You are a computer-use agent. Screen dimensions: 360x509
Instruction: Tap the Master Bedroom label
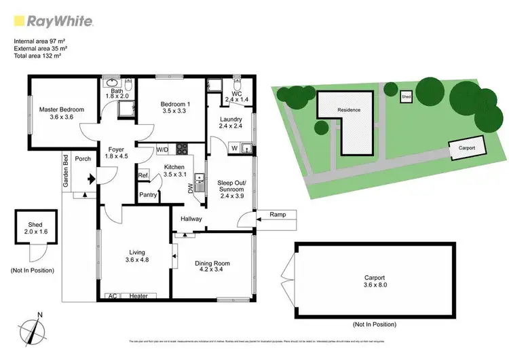pos(61,109)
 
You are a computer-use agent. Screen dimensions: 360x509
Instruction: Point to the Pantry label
pos(148,195)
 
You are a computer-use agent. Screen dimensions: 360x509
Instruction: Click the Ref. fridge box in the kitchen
pos(143,176)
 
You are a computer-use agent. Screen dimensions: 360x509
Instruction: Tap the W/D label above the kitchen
pos(162,149)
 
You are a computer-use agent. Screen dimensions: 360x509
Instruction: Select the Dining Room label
pos(212,264)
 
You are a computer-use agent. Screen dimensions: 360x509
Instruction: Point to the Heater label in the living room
pos(138,296)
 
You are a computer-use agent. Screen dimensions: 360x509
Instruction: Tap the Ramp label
pos(278,215)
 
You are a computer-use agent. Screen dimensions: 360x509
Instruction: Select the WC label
pos(237,93)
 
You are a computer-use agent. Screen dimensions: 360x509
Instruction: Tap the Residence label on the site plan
pos(349,109)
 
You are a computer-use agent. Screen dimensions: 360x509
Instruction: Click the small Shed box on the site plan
pos(406,97)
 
